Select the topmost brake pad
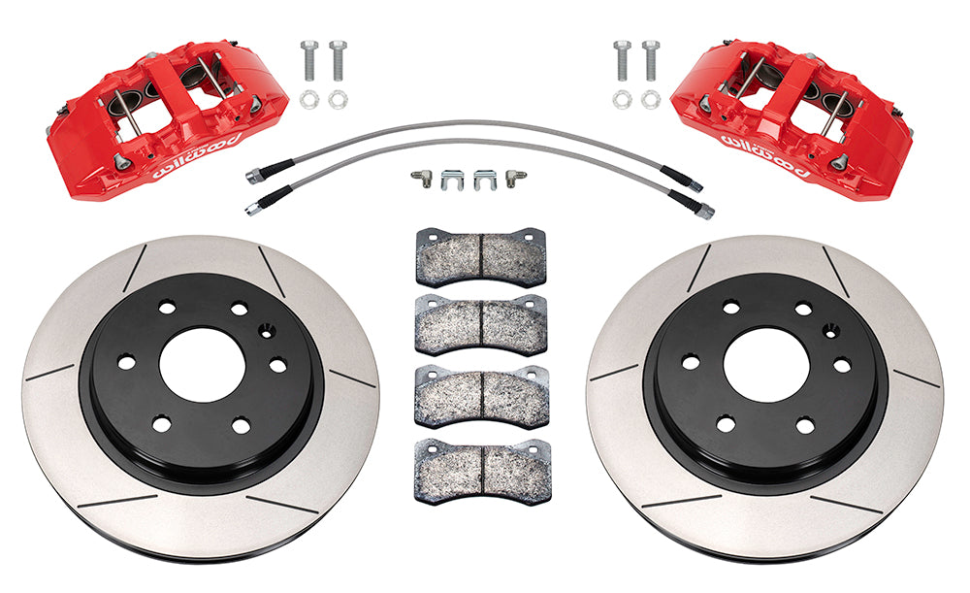[480, 256]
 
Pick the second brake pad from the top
[480, 324]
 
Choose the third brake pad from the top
[480, 395]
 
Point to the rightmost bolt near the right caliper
[650, 61]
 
